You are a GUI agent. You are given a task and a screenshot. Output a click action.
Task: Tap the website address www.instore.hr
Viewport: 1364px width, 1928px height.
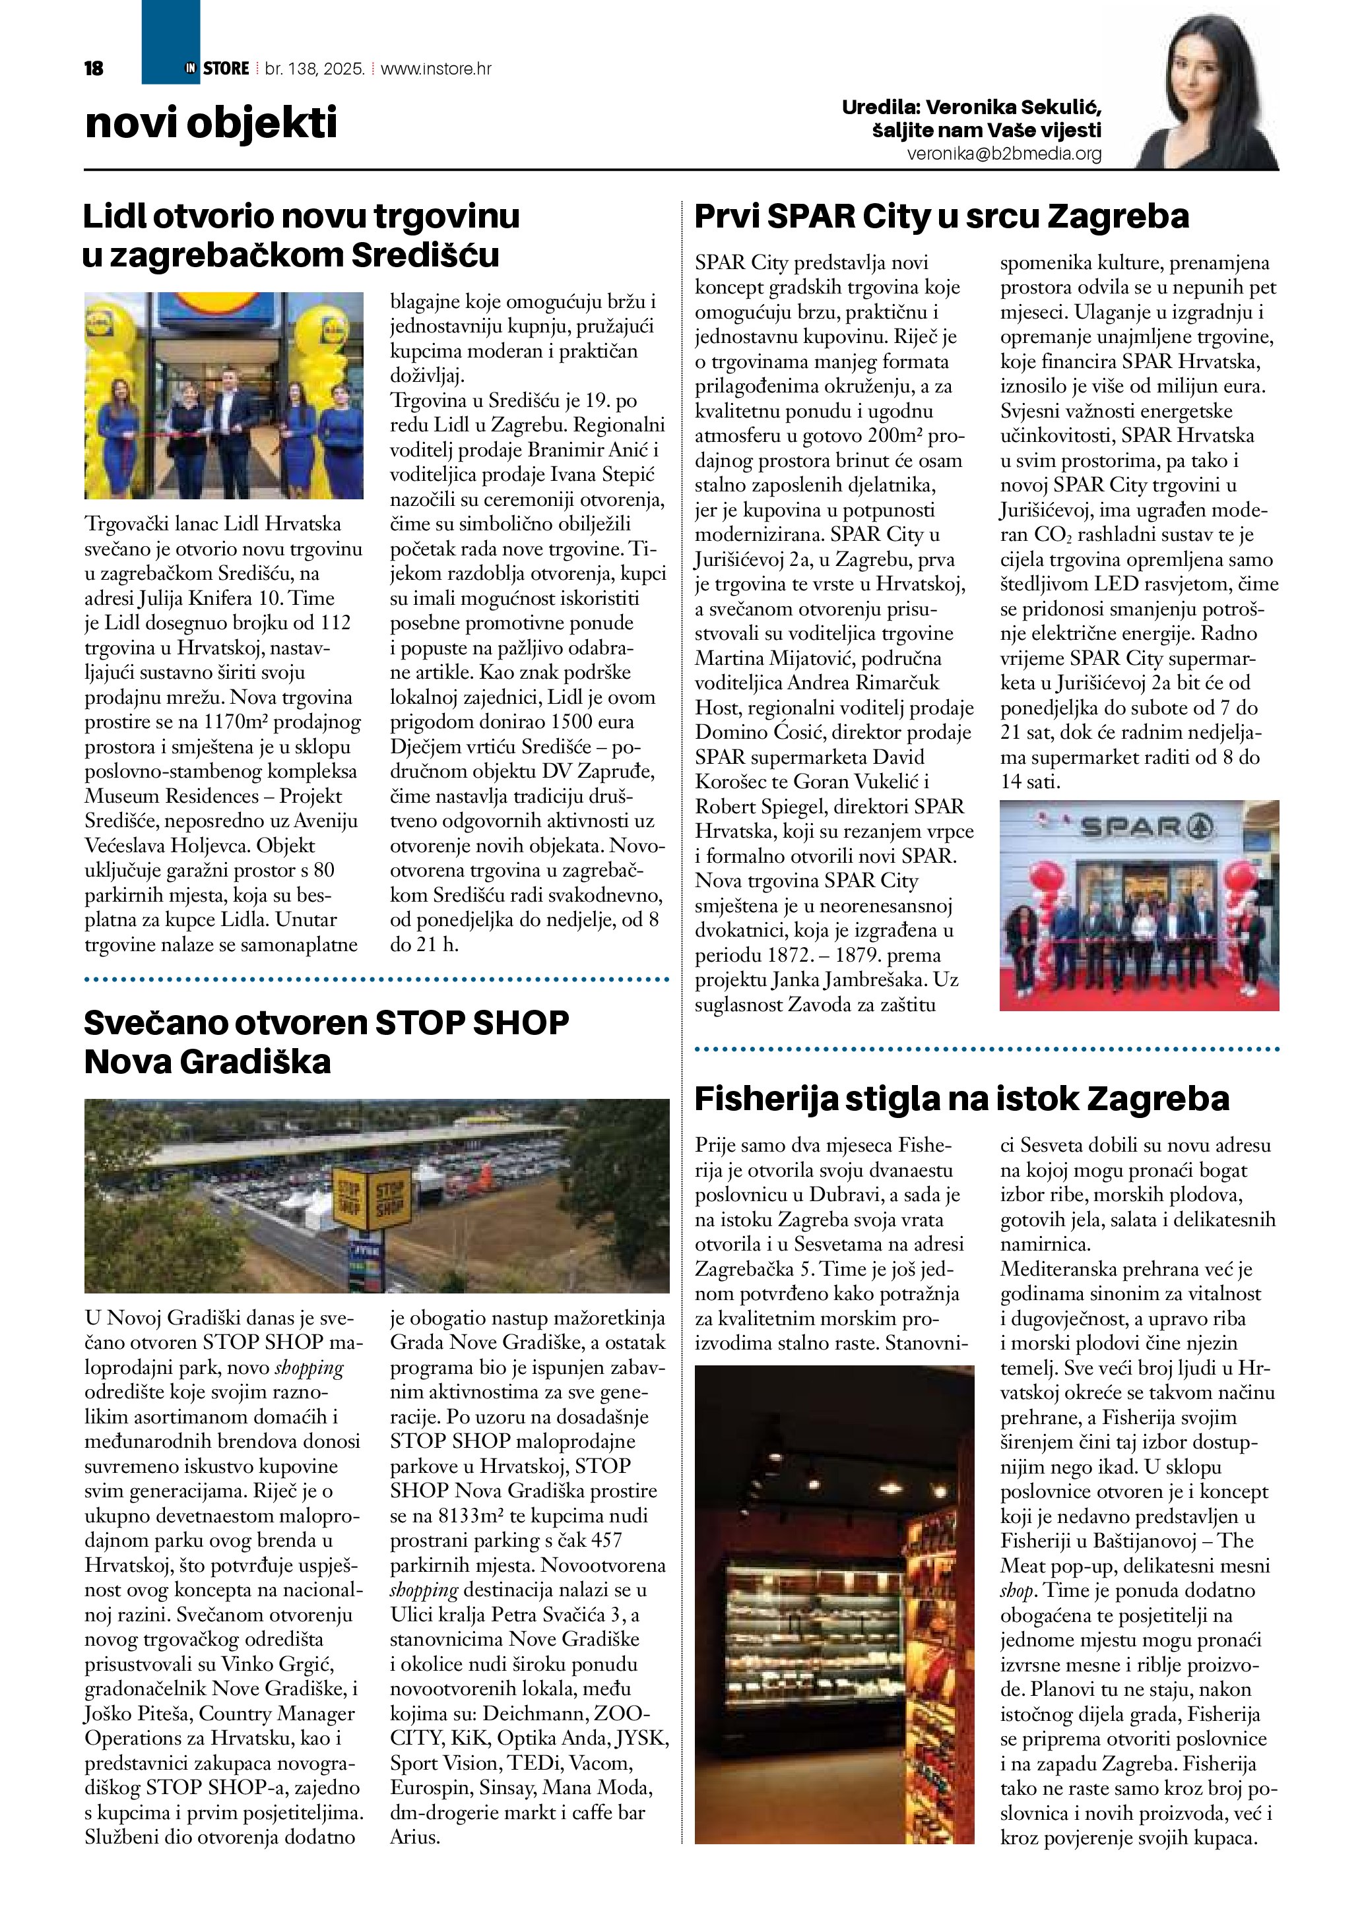436,69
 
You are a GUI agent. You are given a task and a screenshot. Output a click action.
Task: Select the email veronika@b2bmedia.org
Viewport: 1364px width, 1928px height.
1004,154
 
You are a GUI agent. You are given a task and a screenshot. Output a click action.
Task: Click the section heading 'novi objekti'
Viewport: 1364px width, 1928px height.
211,123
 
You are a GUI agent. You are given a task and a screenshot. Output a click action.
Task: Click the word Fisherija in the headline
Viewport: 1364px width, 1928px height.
766,1098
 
